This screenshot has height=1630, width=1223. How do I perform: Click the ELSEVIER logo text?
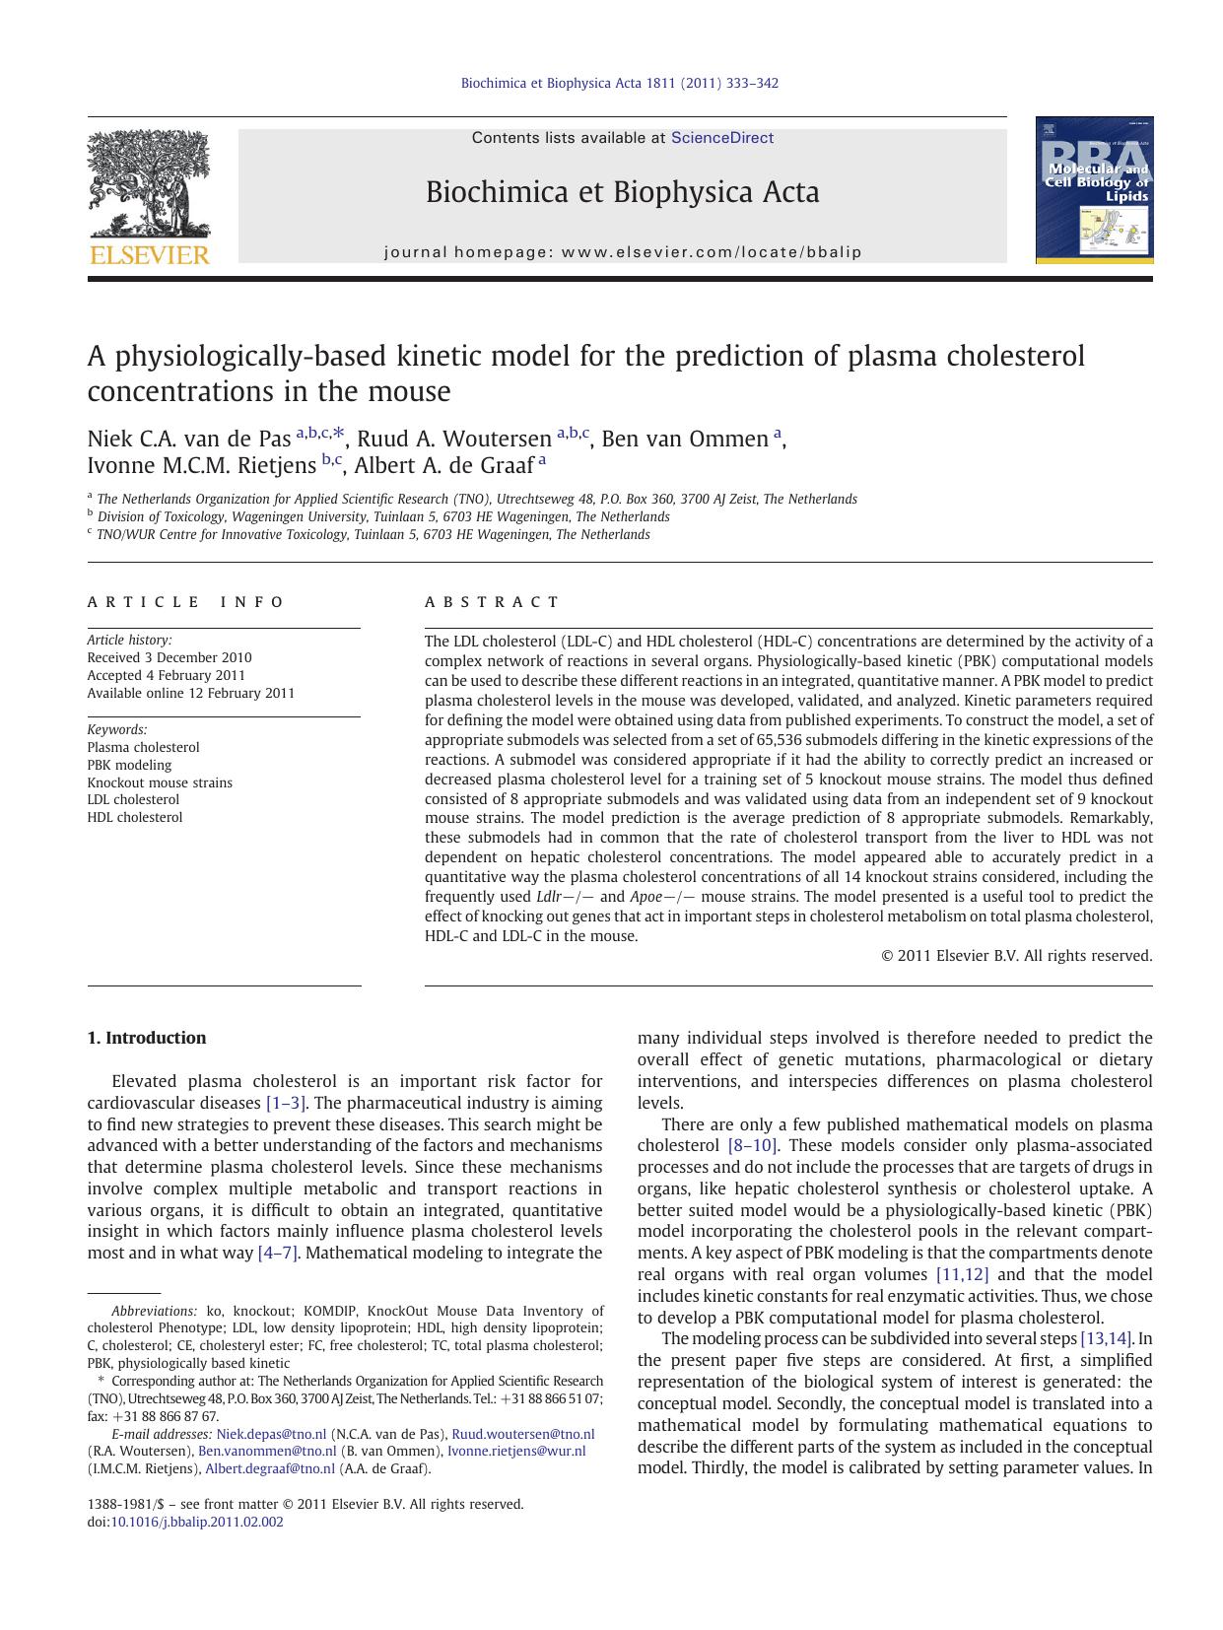[150, 255]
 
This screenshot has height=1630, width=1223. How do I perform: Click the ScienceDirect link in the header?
[721, 138]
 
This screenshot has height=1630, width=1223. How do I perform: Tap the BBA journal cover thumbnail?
[1094, 190]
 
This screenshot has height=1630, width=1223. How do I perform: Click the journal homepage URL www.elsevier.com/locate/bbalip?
[712, 252]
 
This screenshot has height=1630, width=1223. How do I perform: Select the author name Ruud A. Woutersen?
[453, 440]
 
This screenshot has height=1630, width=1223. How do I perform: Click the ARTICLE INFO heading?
[186, 602]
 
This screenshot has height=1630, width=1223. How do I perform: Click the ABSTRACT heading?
[492, 602]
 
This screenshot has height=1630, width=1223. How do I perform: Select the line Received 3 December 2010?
[170, 657]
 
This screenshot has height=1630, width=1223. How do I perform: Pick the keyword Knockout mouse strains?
[160, 782]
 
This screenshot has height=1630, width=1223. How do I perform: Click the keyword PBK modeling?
[129, 765]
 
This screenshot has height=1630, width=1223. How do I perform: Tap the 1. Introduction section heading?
[147, 1038]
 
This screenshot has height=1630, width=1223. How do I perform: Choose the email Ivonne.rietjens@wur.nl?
[516, 1451]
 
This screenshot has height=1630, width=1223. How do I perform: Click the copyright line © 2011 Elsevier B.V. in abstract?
[1015, 955]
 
